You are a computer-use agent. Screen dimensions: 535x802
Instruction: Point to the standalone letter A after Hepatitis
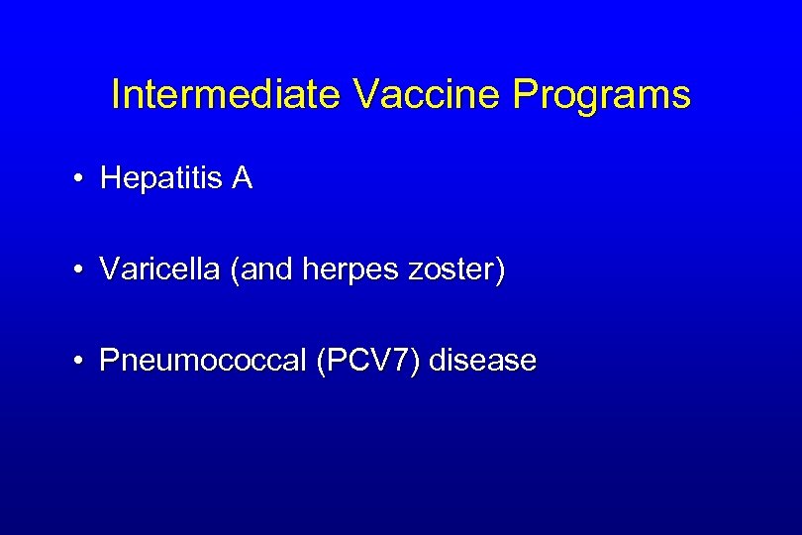(243, 178)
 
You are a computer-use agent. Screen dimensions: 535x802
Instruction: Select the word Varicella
(160, 269)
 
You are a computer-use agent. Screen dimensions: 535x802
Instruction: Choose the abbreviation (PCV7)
(368, 361)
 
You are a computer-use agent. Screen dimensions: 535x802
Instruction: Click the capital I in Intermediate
(116, 95)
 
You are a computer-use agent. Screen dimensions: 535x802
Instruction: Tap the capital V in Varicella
(109, 269)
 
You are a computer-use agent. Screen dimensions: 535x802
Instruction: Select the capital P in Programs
(524, 95)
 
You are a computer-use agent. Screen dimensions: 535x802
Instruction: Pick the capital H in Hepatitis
(110, 178)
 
